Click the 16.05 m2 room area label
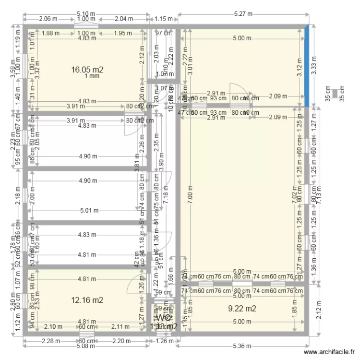coord(87,70)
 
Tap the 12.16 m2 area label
coord(87,300)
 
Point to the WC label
coord(163,318)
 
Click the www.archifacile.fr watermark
coord(331,352)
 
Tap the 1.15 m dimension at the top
coord(163,19)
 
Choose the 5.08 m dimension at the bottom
coord(84,346)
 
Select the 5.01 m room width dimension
coord(89,210)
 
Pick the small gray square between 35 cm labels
coord(335,94)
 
